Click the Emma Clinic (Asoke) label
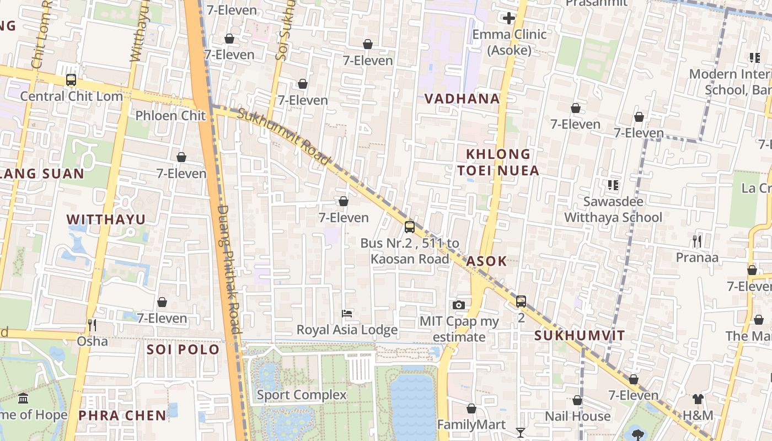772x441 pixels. coord(509,42)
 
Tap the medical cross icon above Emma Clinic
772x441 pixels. coord(509,18)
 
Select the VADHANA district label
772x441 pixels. coord(462,99)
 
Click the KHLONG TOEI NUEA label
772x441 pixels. coord(498,162)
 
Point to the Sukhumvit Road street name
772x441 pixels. coord(284,136)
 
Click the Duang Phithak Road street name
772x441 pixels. coord(229,269)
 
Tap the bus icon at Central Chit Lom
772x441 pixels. coord(71,80)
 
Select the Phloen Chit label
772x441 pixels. coord(170,115)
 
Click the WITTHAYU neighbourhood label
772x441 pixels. coord(106,219)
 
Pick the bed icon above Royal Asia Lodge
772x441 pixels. coord(347,314)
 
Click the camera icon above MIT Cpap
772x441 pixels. coord(458,305)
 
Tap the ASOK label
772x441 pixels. coord(486,261)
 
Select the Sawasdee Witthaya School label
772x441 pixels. coord(613,209)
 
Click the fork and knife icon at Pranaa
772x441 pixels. coord(697,241)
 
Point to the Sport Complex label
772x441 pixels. coord(302,395)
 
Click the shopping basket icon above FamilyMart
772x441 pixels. coord(471,408)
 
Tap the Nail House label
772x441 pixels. coord(577,416)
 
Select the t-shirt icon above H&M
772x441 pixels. coord(698,399)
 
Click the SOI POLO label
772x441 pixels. coord(183,349)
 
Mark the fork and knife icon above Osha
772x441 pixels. coord(92,325)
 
